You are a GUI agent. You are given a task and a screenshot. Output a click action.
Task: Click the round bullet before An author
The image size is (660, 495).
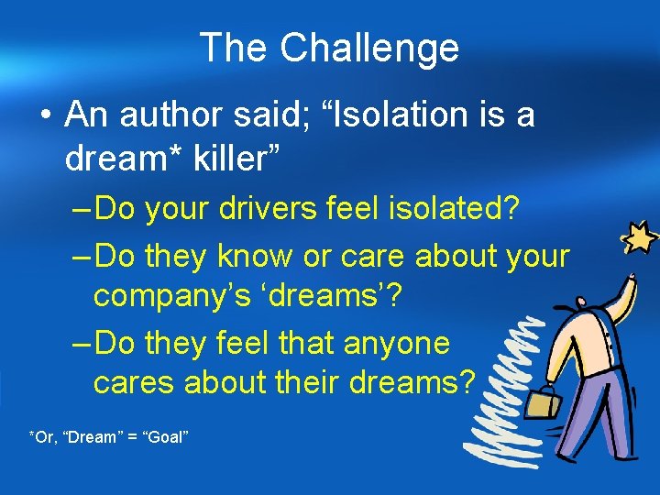[46, 116]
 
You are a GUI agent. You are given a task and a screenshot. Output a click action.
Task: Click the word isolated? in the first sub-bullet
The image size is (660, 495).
[454, 210]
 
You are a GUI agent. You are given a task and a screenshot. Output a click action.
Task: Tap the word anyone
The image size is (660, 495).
[397, 344]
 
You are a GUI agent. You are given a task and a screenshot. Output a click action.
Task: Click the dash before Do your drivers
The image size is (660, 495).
[82, 210]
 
